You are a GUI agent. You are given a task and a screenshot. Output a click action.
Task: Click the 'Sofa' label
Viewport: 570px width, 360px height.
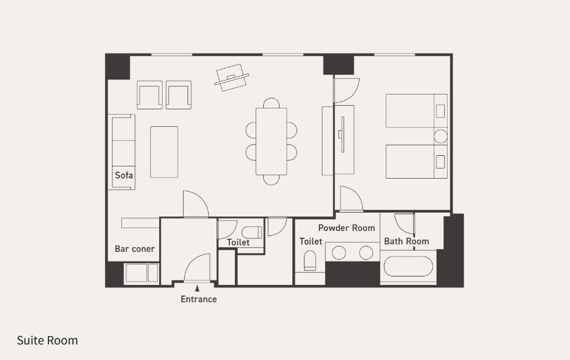[124, 175]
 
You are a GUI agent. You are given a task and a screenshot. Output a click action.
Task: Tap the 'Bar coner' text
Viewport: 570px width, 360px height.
[135, 249]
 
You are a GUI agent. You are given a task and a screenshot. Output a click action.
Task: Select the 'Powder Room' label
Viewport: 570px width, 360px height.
[346, 228]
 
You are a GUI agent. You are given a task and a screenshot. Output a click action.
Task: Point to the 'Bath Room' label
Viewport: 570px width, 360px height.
[406, 241]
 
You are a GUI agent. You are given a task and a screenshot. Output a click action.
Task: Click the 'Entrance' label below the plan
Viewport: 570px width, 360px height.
[199, 299]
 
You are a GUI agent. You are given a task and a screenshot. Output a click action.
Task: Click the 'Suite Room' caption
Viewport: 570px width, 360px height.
[47, 341]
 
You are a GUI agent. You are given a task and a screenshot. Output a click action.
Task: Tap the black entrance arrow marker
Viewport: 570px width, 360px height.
[197, 288]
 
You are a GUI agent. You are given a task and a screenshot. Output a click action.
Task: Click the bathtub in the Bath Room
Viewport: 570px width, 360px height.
[408, 267]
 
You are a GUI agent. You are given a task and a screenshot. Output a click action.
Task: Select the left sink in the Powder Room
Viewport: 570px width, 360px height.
[339, 253]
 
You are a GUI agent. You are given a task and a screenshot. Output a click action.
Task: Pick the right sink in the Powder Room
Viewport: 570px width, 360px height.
[366, 253]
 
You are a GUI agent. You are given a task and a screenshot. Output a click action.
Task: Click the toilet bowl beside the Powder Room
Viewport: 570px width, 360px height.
[309, 260]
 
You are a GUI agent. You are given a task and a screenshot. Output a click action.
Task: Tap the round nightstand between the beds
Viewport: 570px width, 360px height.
[441, 136]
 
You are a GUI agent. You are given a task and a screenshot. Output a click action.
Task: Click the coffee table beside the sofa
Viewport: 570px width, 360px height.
[164, 152]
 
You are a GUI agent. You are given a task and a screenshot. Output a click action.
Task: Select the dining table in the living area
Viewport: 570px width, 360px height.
[271, 141]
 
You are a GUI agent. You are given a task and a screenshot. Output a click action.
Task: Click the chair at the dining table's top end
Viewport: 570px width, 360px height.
[271, 103]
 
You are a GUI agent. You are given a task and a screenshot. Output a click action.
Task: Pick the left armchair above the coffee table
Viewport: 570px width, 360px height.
[149, 95]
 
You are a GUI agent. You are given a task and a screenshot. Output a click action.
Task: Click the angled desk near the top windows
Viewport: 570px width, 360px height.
[232, 77]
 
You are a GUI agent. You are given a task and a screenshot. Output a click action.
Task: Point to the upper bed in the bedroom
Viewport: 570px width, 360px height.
[416, 111]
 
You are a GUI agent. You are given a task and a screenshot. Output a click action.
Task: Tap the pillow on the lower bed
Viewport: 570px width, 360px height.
[440, 162]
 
